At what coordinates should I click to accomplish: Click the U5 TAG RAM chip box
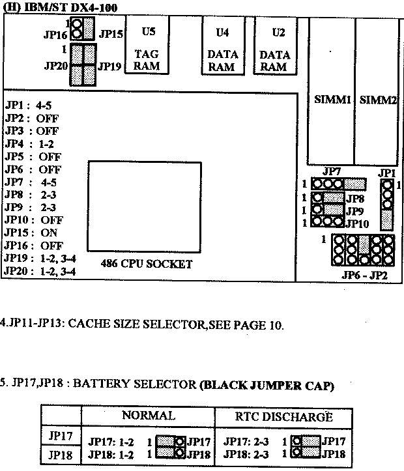tap(147, 44)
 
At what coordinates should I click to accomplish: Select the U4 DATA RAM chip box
tap(223, 45)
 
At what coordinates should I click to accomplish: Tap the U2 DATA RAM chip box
tap(275, 45)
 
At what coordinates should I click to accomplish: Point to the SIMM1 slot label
tap(332, 100)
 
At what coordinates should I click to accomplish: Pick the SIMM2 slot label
tap(378, 100)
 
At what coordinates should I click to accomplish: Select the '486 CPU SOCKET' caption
tap(147, 264)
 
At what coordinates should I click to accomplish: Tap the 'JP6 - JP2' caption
tap(364, 275)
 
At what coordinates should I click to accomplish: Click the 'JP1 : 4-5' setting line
tap(28, 106)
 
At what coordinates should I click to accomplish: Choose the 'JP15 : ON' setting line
tap(31, 233)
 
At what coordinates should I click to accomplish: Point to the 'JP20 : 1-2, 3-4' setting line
tap(40, 271)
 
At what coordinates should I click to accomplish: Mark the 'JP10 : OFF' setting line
tap(34, 220)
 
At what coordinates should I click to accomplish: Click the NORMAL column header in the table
tap(149, 416)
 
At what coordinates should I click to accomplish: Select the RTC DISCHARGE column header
tap(284, 417)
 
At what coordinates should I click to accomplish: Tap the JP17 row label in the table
tap(61, 435)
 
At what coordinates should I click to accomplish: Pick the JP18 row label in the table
tap(61, 455)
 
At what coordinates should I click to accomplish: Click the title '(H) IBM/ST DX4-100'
tap(60, 7)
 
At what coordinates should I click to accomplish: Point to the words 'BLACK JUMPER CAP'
tap(267, 386)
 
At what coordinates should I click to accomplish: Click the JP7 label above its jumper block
tap(332, 171)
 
